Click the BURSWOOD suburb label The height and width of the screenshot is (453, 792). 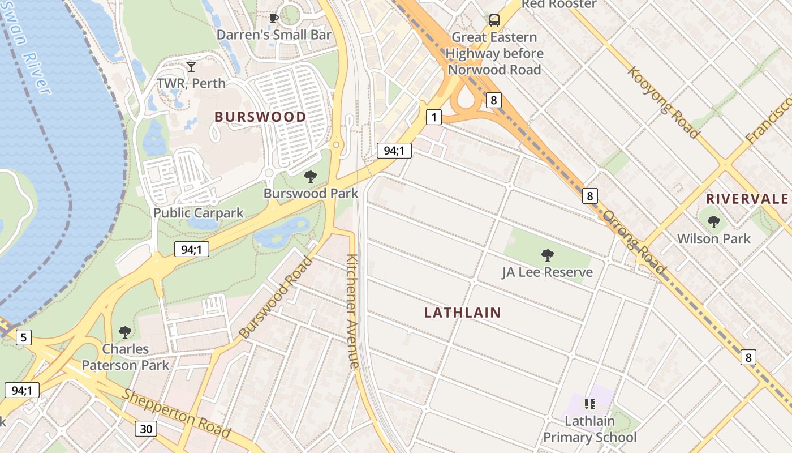260,117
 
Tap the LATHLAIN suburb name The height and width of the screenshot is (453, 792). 462,313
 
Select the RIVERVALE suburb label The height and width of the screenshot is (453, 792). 747,199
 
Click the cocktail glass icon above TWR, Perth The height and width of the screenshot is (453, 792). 191,67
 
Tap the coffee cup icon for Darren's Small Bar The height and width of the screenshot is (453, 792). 274,19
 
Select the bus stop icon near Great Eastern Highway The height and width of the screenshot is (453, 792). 494,21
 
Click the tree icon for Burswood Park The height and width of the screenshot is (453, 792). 310,177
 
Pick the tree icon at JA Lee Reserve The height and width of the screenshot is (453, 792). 547,255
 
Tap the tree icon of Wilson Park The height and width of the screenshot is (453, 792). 713,221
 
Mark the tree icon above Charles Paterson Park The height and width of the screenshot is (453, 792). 125,332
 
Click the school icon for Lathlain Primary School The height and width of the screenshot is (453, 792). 589,404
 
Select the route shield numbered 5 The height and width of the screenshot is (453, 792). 23,338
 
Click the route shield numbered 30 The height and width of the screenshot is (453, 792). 146,429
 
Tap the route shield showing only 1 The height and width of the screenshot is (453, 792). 434,117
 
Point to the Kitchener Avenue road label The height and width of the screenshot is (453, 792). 352,311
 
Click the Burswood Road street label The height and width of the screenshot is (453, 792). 276,298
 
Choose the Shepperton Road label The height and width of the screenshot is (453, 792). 177,413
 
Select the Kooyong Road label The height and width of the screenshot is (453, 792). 663,102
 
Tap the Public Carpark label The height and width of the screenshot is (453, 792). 198,213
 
